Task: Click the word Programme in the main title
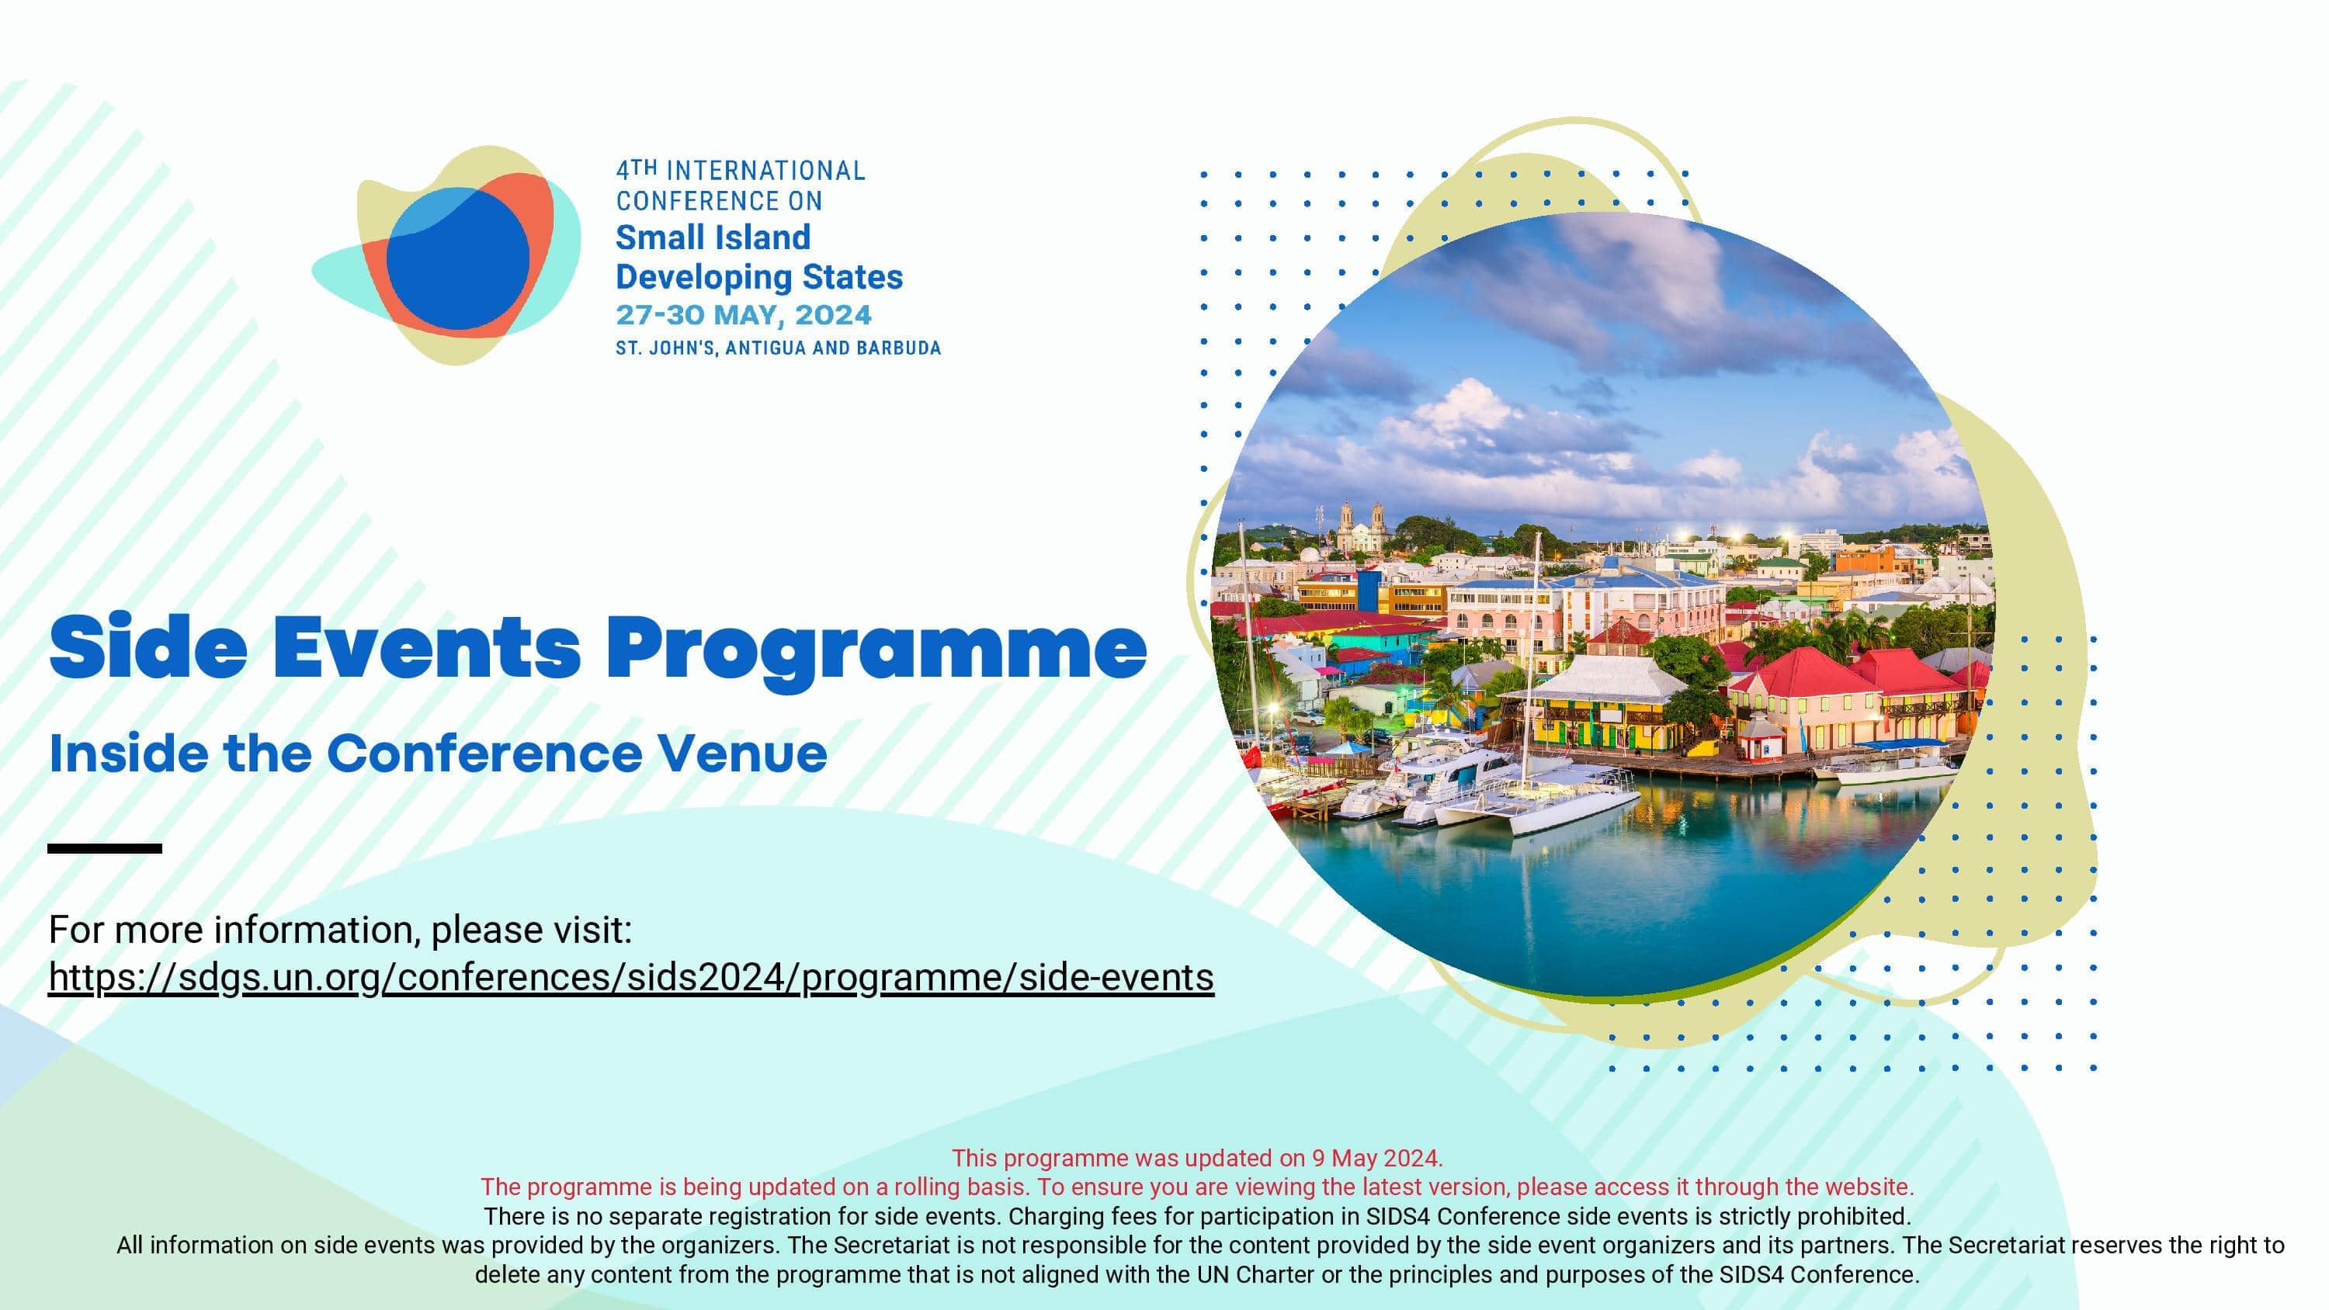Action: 875,649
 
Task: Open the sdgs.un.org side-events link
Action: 630,977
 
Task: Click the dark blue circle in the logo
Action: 457,259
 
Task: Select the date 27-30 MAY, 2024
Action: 743,316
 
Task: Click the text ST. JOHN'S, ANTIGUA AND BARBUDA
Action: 778,348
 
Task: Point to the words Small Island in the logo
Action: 713,237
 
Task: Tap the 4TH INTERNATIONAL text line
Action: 740,170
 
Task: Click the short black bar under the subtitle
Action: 105,848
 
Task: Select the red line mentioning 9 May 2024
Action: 1196,1158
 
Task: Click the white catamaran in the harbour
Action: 1537,805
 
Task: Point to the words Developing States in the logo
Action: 758,276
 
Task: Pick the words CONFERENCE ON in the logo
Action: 719,201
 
